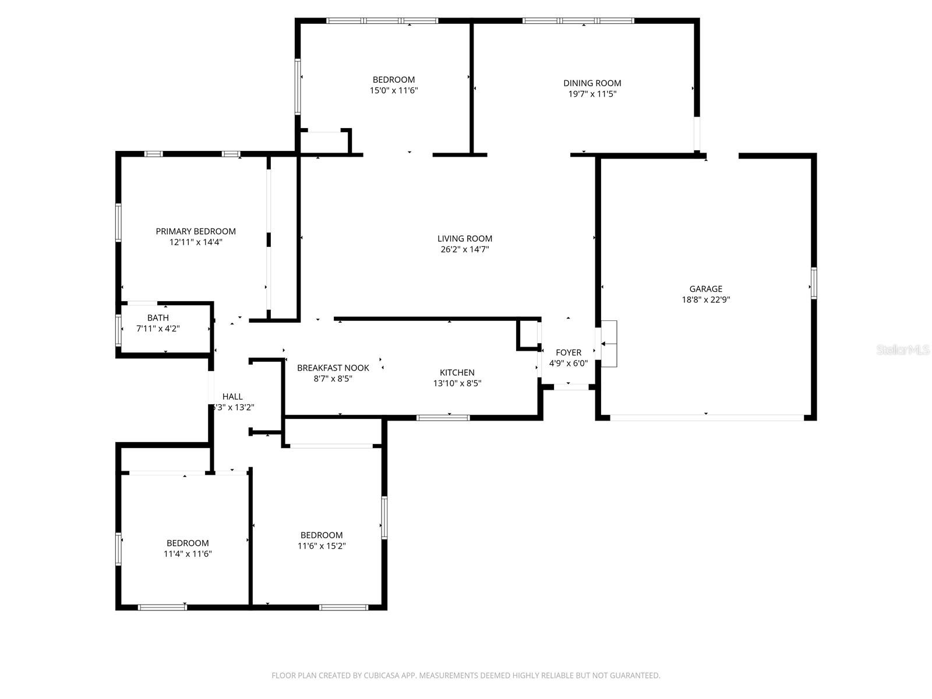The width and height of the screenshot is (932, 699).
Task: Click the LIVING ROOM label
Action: [x=464, y=238]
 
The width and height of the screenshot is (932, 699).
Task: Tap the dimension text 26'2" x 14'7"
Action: [x=464, y=249]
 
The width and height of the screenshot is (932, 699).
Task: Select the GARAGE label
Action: [x=705, y=289]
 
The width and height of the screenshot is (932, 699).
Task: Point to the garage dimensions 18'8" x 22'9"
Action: [x=705, y=300]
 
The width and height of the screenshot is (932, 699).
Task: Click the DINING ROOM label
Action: [x=592, y=83]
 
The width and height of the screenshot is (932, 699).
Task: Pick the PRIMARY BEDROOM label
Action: [x=196, y=231]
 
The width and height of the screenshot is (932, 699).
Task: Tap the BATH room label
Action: [x=158, y=318]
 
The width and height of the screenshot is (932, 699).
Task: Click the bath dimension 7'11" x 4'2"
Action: [x=158, y=329]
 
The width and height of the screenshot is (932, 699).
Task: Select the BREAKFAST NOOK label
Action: [x=333, y=368]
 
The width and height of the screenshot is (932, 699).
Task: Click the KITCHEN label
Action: [x=457, y=373]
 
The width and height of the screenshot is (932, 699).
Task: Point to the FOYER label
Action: [x=568, y=352]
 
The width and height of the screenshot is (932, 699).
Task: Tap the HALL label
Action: [x=232, y=397]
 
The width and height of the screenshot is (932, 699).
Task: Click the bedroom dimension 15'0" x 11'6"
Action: [x=394, y=90]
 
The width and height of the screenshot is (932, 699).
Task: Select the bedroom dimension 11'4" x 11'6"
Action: [x=188, y=554]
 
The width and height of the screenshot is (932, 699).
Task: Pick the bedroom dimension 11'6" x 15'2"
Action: [x=322, y=546]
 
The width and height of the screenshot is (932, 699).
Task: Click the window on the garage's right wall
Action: [x=814, y=283]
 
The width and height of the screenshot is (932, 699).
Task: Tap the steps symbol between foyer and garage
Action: [x=609, y=344]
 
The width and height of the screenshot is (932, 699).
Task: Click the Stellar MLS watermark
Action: [x=902, y=350]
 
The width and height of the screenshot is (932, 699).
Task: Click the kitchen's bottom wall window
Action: [x=443, y=418]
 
